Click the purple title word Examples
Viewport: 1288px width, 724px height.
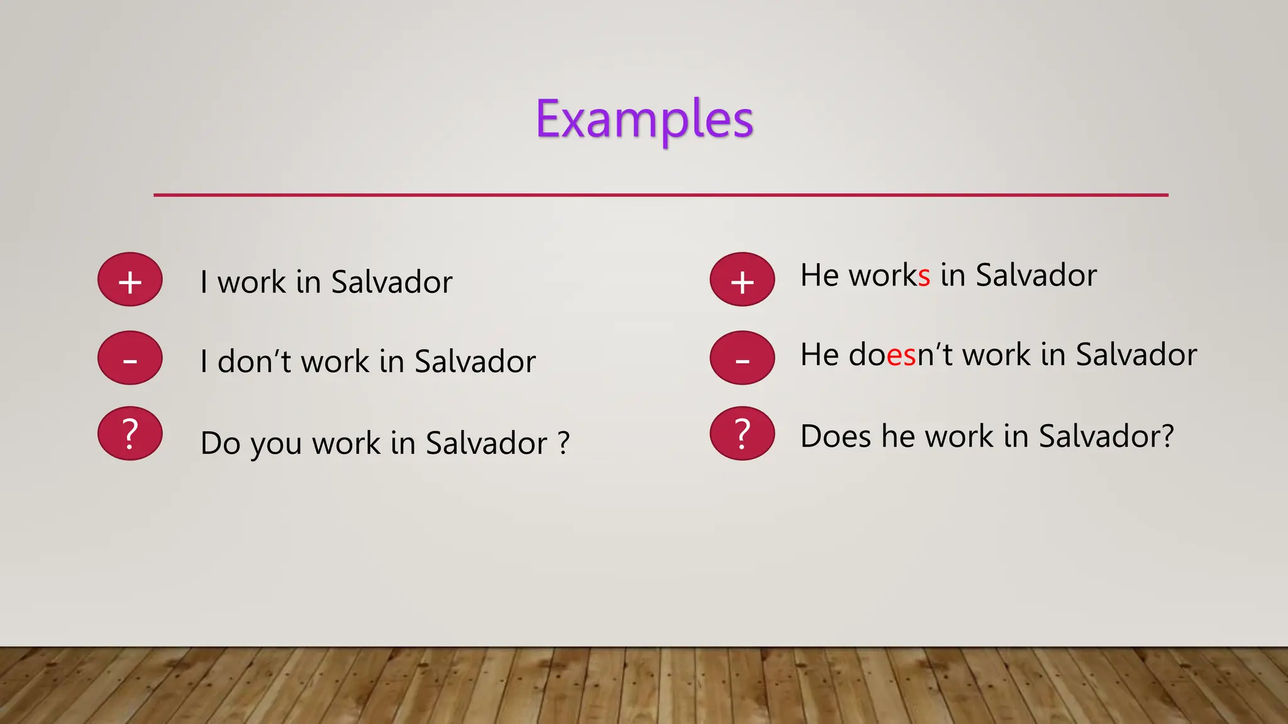point(644,119)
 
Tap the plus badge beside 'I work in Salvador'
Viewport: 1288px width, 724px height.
point(130,280)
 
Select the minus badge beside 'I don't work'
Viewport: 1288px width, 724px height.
point(130,358)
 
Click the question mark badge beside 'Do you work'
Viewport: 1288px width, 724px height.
point(130,434)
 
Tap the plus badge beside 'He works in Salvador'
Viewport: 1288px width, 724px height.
point(742,280)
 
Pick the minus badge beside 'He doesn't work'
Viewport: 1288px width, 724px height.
point(742,358)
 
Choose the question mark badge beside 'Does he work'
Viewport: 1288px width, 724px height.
point(742,434)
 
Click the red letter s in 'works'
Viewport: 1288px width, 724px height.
point(924,277)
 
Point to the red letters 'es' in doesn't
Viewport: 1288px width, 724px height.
point(901,356)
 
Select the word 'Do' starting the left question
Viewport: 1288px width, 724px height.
point(221,444)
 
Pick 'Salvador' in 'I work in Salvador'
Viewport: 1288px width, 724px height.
point(391,282)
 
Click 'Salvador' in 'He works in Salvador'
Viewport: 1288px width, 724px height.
point(1036,275)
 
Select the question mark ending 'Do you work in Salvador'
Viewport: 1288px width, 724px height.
point(563,442)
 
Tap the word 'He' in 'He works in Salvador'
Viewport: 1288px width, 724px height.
point(819,275)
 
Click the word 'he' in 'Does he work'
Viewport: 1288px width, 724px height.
point(898,436)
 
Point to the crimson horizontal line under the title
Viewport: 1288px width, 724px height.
point(660,195)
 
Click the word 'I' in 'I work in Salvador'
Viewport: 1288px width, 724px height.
point(204,282)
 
